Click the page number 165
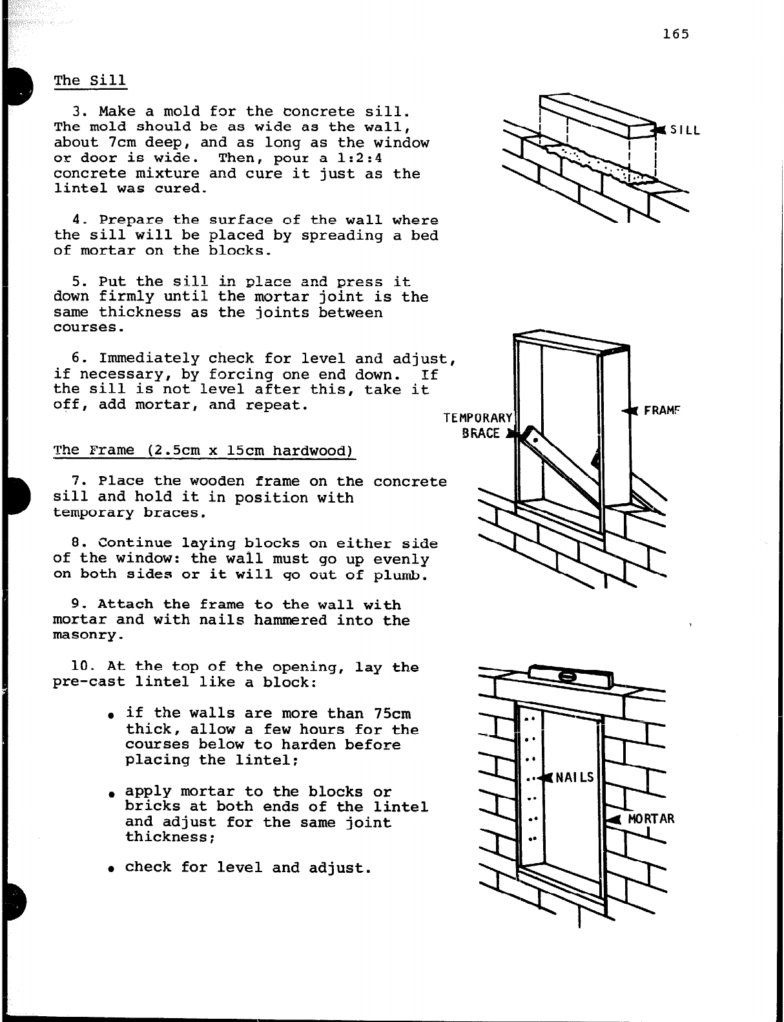pos(676,34)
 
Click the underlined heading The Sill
pos(90,81)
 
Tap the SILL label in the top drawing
pos(685,130)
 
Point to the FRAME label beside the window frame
pos(662,412)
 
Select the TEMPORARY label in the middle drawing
pos(478,418)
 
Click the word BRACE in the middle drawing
pos(481,433)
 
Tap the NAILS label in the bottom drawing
pos(574,777)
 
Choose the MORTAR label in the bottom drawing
pos(651,819)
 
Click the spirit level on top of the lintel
pos(569,676)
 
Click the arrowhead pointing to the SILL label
pos(659,130)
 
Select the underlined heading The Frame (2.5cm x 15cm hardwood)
pos(203,450)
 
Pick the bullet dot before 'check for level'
pos(112,869)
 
